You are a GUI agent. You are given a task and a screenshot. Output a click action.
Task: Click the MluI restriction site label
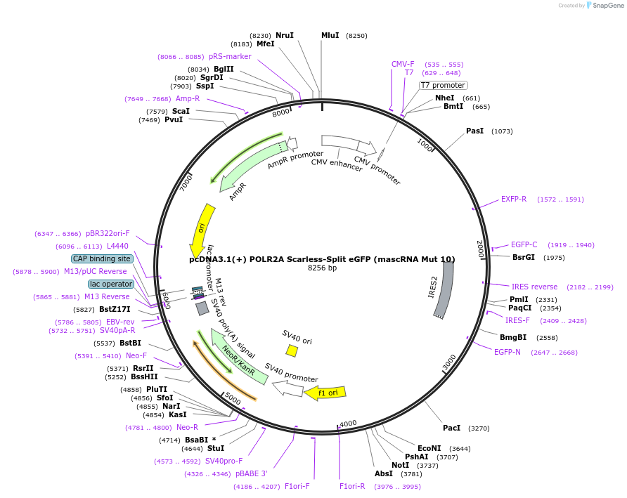click(x=330, y=35)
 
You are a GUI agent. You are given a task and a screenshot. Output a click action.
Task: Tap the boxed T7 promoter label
click(x=443, y=85)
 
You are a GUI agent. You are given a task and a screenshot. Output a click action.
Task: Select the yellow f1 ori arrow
click(x=325, y=393)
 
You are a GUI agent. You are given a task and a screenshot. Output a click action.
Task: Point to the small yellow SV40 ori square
click(x=292, y=350)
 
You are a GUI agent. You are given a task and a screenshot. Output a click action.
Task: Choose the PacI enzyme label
click(x=451, y=428)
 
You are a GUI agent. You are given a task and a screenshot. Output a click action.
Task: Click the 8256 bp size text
click(x=322, y=268)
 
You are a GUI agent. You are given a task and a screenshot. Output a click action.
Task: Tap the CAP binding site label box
click(x=101, y=258)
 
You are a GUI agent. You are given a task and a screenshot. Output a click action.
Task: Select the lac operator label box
click(x=111, y=284)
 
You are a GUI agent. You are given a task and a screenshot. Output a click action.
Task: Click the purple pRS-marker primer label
click(x=230, y=56)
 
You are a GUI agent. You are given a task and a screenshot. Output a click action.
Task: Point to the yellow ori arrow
click(x=202, y=231)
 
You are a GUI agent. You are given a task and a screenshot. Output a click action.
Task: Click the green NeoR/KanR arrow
click(x=239, y=357)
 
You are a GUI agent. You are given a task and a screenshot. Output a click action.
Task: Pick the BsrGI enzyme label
click(x=524, y=257)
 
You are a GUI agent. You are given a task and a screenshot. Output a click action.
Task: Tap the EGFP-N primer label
click(x=507, y=352)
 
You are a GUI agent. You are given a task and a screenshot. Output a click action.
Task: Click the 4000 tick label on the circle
click(x=348, y=424)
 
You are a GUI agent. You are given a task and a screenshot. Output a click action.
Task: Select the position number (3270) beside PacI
click(x=479, y=428)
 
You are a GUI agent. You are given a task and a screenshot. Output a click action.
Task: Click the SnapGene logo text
click(x=608, y=5)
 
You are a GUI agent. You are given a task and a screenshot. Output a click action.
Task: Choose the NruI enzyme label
click(x=284, y=35)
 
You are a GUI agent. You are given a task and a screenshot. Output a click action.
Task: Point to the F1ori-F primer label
click(x=297, y=486)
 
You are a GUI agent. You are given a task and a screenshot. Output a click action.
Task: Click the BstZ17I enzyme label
click(x=115, y=309)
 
